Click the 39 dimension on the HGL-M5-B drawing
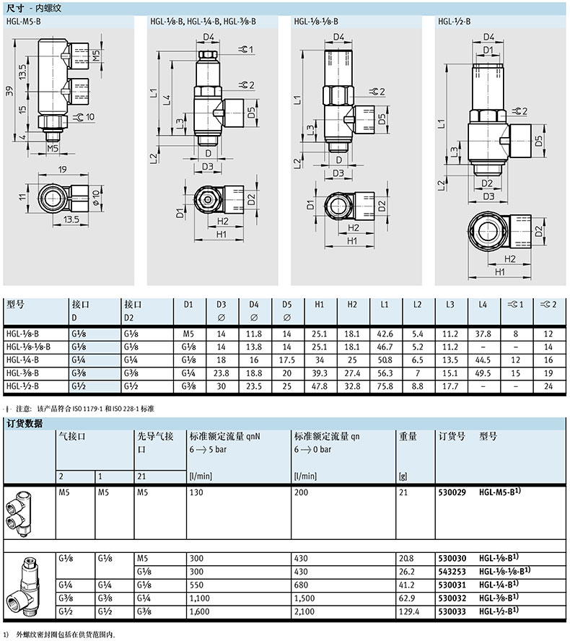(9, 91)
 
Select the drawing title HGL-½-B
(455, 21)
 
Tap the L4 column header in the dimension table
(483, 305)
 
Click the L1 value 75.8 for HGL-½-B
(385, 386)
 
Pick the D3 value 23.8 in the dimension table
(221, 373)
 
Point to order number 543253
(452, 572)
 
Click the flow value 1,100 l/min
(199, 598)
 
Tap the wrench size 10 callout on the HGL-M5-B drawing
(85, 117)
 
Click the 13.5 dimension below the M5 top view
(71, 219)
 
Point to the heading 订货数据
(25, 424)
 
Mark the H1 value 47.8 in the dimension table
(319, 386)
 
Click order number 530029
(452, 492)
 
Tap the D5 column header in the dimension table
(287, 305)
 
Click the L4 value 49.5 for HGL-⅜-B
(483, 373)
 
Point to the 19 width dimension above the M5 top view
(62, 169)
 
